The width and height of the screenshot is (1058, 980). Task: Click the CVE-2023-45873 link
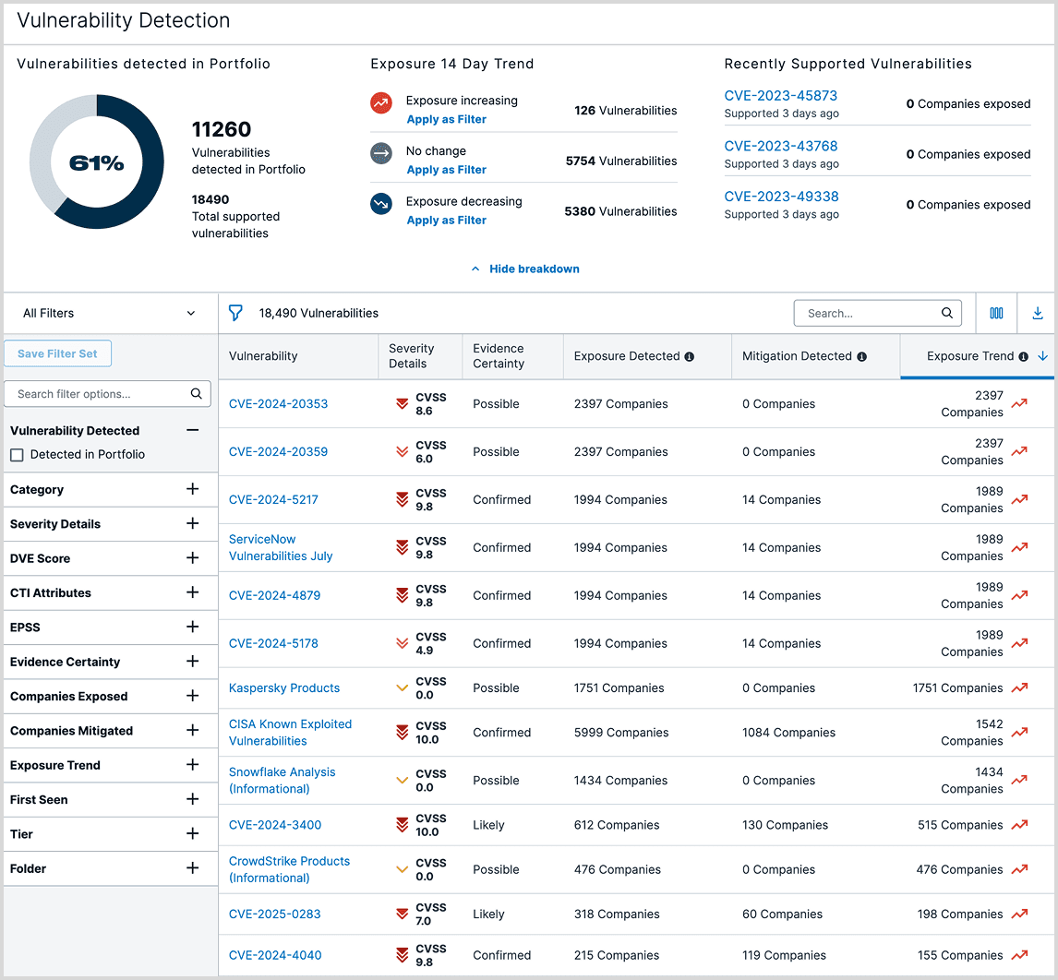click(780, 96)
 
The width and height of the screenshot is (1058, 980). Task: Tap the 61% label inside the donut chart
click(97, 162)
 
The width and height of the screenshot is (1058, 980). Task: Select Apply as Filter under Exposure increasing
click(446, 119)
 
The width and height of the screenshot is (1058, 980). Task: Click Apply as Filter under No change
click(446, 170)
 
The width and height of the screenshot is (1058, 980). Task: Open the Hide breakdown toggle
click(525, 269)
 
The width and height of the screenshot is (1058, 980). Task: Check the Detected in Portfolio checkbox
click(17, 455)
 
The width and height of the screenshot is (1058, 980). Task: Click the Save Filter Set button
click(57, 353)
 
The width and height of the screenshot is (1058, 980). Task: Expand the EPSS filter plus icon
click(192, 627)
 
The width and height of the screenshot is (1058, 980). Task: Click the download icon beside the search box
click(1037, 313)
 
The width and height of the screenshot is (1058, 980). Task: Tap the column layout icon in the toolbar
click(996, 313)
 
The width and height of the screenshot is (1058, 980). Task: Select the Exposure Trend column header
click(969, 356)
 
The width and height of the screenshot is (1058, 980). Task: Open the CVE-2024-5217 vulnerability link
click(273, 500)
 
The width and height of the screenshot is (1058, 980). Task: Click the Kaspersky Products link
click(284, 688)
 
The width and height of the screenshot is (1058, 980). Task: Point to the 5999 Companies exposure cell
click(620, 733)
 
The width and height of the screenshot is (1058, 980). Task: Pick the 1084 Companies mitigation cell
click(788, 733)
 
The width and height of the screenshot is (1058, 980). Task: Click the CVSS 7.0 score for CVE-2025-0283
click(430, 914)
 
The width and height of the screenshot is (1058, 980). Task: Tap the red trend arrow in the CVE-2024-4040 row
click(1019, 955)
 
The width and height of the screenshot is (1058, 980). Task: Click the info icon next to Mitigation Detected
click(861, 357)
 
